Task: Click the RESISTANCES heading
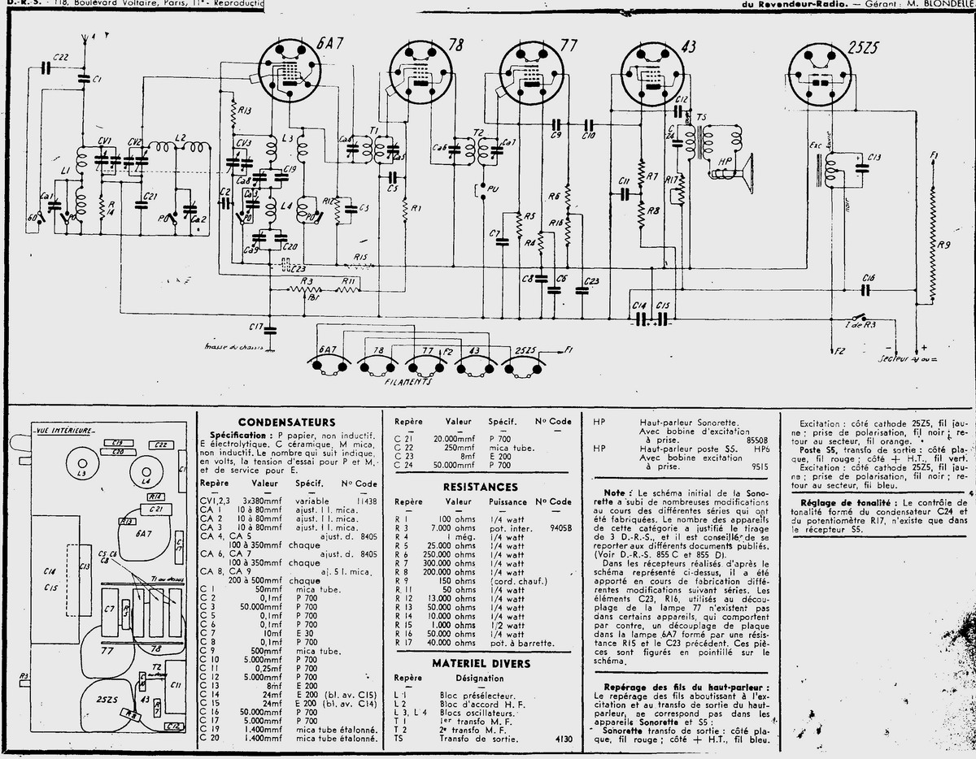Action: tap(479, 487)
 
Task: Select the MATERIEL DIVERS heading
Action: tap(481, 663)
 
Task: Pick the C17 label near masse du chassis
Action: tap(255, 327)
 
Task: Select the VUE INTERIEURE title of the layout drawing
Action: tap(66, 429)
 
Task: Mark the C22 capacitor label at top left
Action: tap(60, 55)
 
